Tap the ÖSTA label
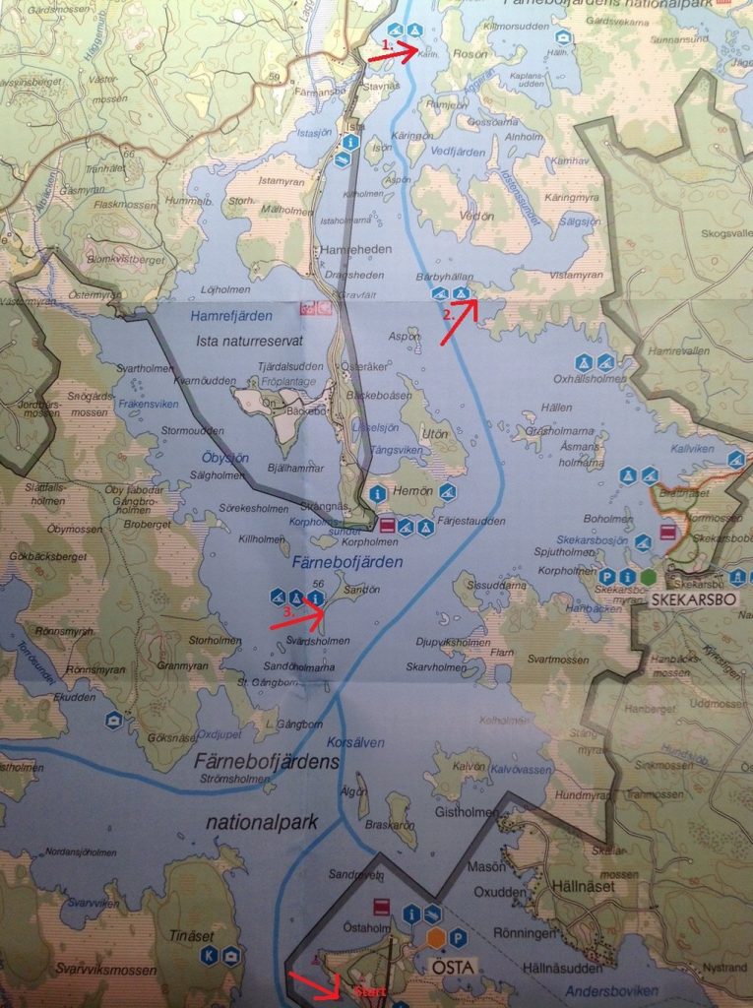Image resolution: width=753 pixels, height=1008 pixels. pos(453,967)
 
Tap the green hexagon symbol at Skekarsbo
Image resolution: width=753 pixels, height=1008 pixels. pos(647,576)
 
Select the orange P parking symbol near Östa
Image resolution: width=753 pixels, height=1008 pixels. pos(457,938)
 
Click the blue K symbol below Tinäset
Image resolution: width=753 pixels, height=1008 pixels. pos(209,955)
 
